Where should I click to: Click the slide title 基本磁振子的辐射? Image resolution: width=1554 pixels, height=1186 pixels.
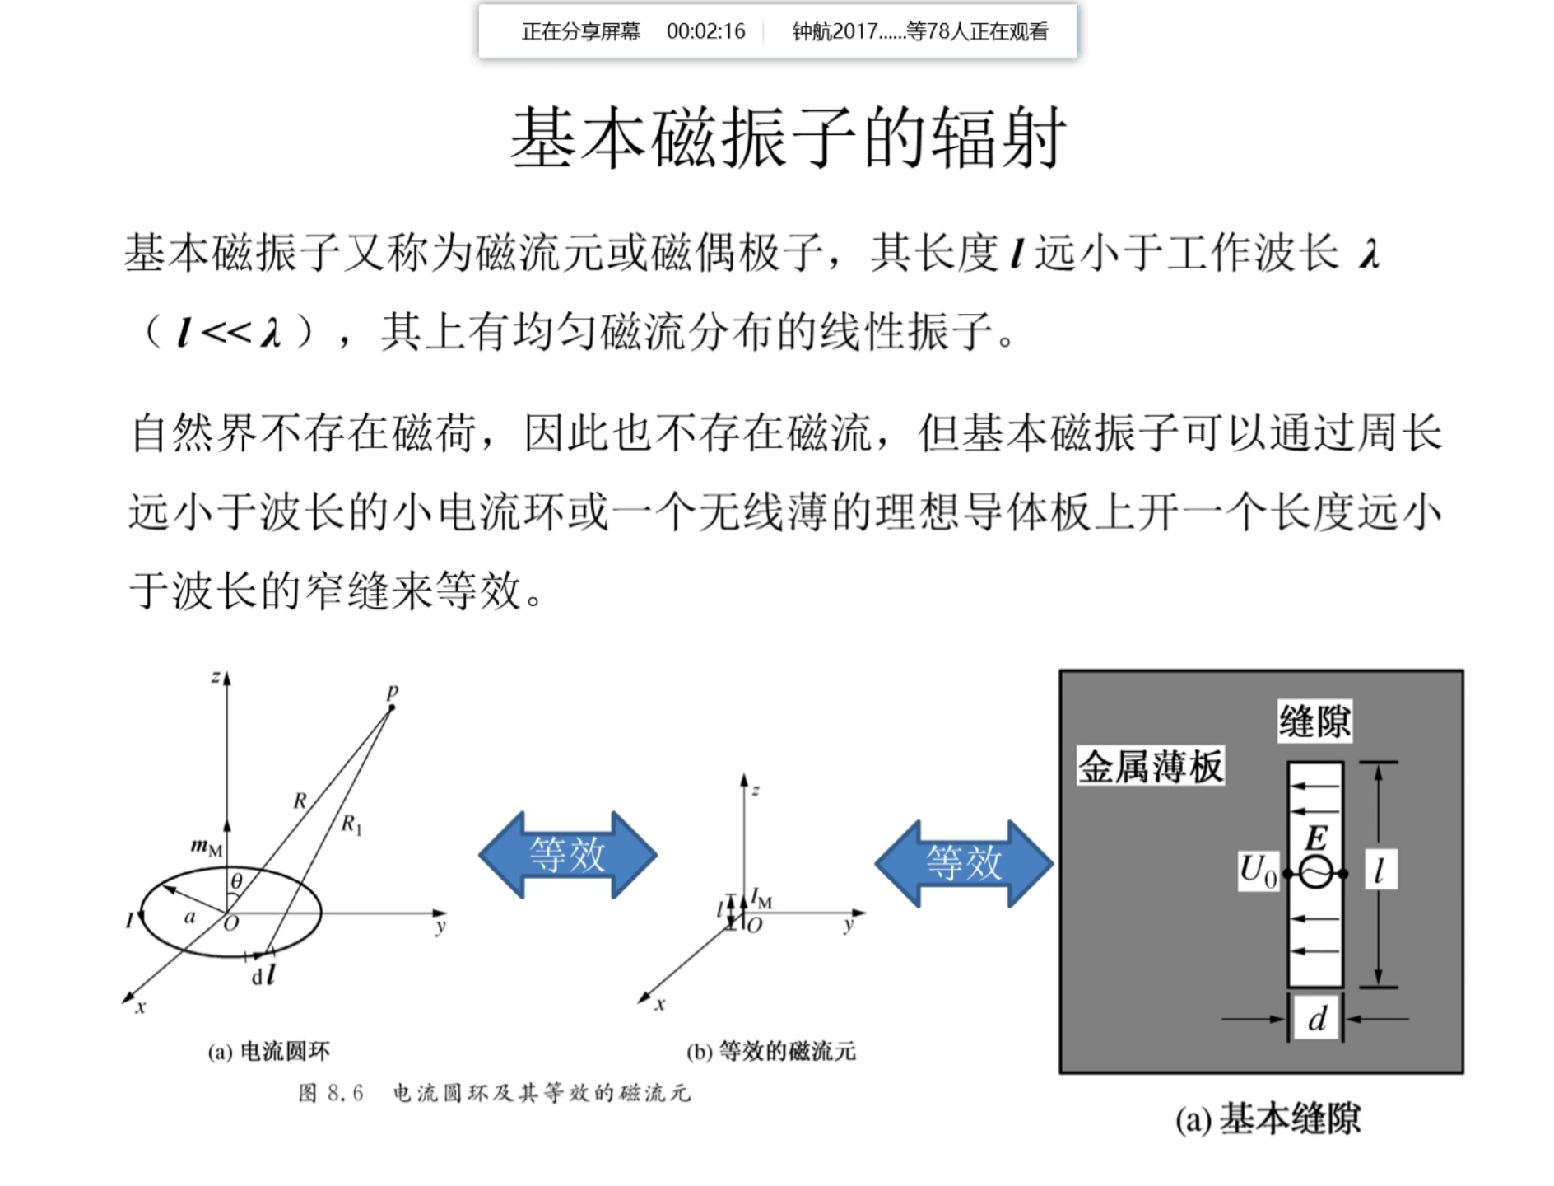788,138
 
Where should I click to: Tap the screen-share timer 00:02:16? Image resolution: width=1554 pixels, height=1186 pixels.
705,31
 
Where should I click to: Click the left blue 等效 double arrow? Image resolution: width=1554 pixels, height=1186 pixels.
567,855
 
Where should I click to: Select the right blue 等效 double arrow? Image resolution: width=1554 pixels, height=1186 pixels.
963,863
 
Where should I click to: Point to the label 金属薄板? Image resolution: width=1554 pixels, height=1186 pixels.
1150,767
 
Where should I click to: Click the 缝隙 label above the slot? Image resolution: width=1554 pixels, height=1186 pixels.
1314,721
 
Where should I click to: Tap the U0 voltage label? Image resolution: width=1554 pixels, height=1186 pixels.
1258,871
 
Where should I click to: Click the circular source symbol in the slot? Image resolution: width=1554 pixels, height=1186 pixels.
1315,873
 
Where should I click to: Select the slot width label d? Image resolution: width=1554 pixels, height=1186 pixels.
1317,1020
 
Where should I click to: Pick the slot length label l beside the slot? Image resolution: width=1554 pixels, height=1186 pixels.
1380,870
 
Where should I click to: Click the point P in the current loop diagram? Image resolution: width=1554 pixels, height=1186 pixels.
392,705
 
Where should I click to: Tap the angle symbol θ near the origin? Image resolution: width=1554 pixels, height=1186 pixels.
236,882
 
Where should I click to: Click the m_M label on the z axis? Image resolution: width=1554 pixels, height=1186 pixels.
206,846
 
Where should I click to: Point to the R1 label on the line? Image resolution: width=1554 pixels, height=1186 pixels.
351,824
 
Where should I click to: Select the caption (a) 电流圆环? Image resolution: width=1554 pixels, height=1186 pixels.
268,1052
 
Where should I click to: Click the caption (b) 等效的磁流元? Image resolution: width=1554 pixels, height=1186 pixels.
771,1052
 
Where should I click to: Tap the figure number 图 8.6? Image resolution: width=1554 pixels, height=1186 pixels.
331,1093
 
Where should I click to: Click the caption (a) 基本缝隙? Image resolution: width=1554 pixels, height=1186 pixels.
1268,1118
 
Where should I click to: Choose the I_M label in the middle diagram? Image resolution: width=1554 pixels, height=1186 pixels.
761,898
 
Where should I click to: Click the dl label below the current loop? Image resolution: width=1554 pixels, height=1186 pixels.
263,976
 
